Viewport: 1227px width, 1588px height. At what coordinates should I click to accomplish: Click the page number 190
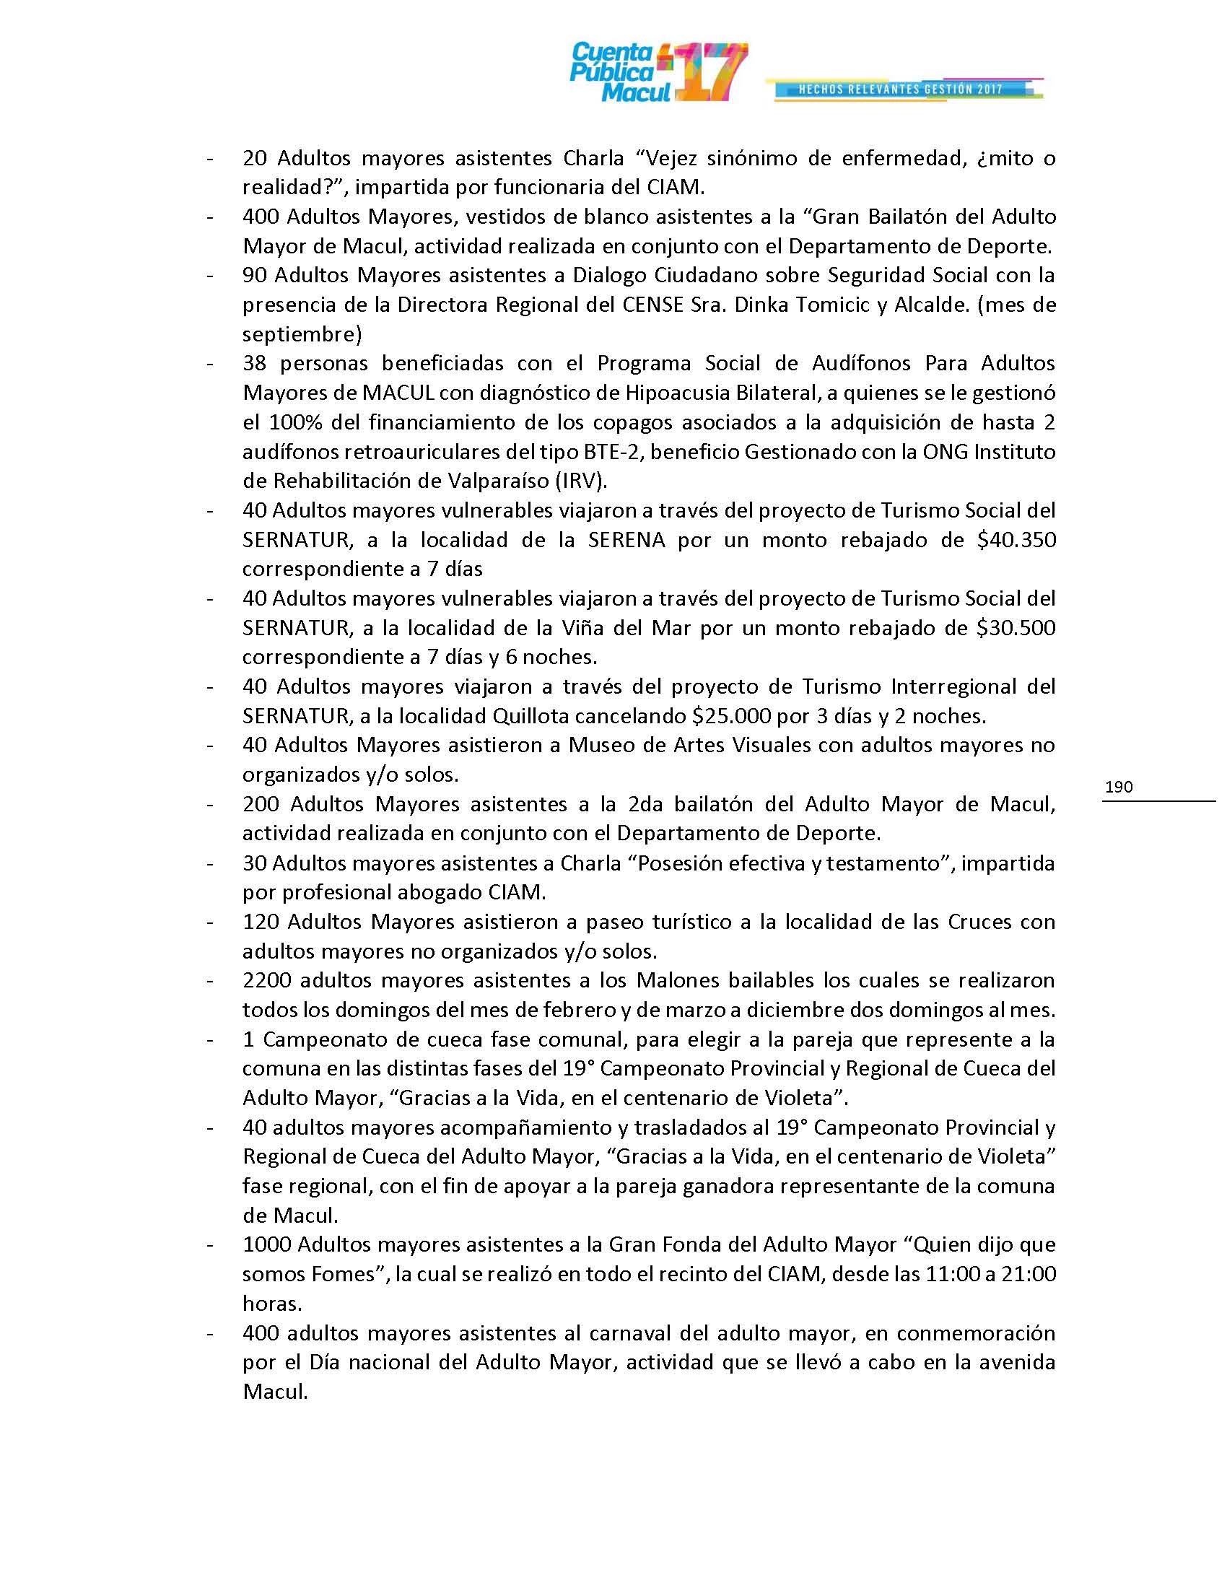tap(1118, 787)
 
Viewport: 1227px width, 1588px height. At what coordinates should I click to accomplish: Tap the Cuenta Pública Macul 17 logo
tap(658, 72)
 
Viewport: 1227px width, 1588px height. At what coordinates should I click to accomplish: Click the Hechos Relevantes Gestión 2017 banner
tap(901, 89)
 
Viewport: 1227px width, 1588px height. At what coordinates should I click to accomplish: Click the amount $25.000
tap(732, 716)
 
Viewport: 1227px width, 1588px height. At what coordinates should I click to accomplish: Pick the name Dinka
tap(761, 305)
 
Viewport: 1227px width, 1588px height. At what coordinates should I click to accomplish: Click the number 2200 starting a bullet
tap(267, 980)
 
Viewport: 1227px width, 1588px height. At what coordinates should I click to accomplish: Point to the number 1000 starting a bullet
tap(267, 1245)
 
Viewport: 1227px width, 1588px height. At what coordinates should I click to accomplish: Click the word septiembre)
tap(302, 334)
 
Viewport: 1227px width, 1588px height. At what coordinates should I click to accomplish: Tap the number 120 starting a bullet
tap(261, 922)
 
